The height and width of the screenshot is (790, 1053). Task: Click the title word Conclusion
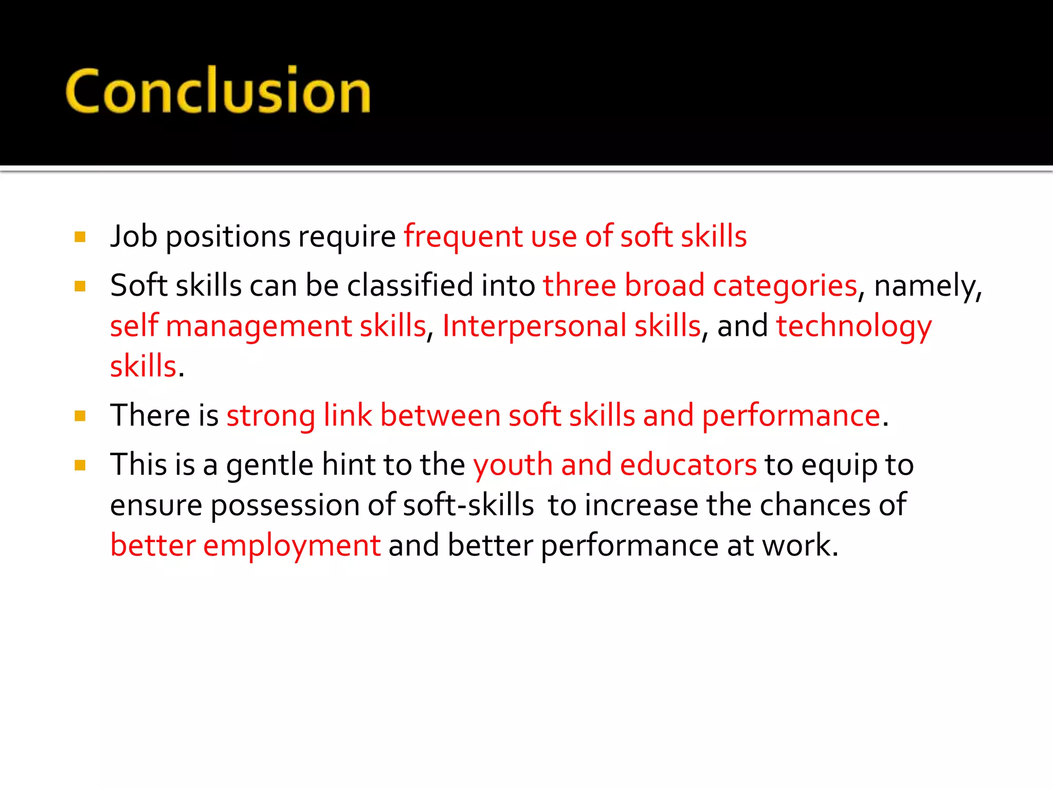[218, 91]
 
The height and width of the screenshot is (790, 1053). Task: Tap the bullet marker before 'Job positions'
[80, 237]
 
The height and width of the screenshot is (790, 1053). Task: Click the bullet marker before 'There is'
[80, 416]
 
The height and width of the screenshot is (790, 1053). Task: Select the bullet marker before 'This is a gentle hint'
[80, 465]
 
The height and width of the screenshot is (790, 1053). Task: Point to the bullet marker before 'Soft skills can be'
[80, 286]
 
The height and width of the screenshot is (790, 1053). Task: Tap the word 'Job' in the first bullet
[133, 237]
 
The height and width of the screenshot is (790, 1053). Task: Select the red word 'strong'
[270, 417]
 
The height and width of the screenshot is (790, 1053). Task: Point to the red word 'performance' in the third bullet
[791, 417]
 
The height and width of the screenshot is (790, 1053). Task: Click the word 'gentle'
[269, 466]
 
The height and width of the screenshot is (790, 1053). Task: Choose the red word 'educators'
[688, 465]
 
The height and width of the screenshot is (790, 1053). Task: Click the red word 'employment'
[292, 546]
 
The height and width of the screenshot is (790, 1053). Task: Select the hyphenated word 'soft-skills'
[468, 505]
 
